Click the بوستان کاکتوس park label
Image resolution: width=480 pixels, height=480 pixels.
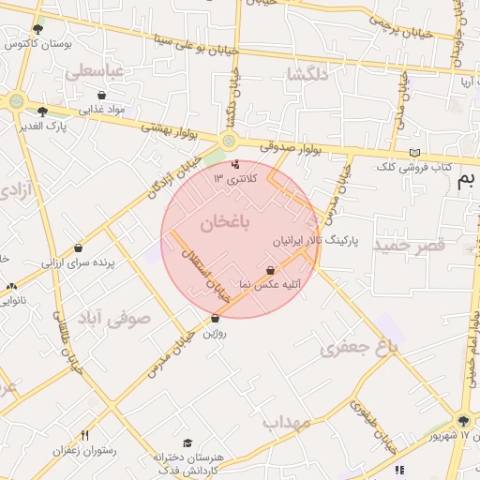click(x=34, y=44)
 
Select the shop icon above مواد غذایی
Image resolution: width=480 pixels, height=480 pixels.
click(x=102, y=95)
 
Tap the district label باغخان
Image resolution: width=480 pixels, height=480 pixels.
click(x=226, y=222)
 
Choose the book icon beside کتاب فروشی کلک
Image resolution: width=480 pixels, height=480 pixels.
click(x=415, y=153)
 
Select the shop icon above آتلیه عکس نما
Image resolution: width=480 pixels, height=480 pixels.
click(x=270, y=270)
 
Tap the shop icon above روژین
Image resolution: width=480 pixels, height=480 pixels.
click(x=215, y=319)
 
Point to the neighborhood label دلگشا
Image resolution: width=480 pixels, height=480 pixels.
click(x=310, y=75)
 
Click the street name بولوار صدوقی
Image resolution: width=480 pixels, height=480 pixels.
click(x=271, y=146)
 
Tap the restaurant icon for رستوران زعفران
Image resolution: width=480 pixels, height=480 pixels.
click(x=85, y=435)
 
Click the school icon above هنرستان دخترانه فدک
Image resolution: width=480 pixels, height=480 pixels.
click(x=187, y=442)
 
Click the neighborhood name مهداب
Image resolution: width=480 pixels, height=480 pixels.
click(x=286, y=423)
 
